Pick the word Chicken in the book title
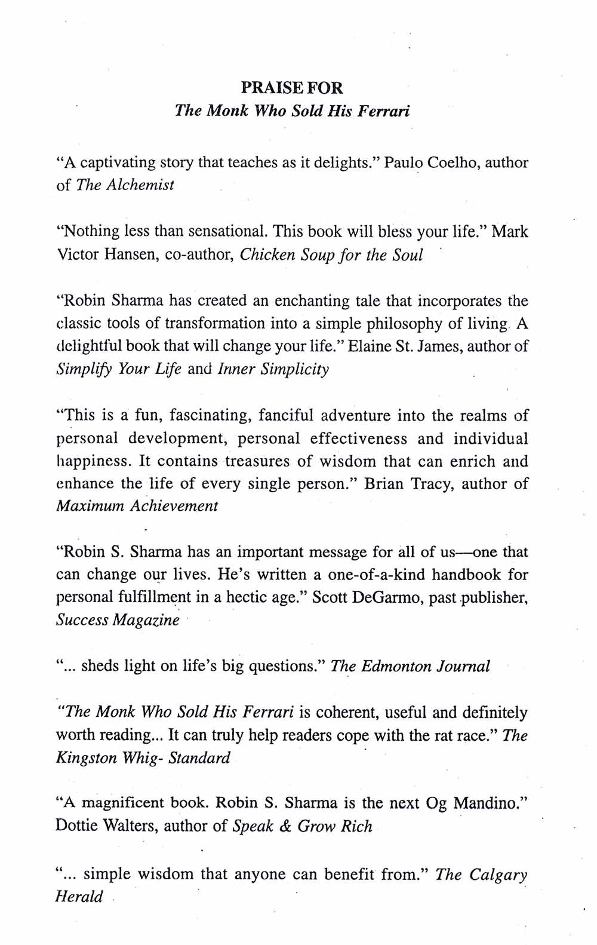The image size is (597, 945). pos(267,254)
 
